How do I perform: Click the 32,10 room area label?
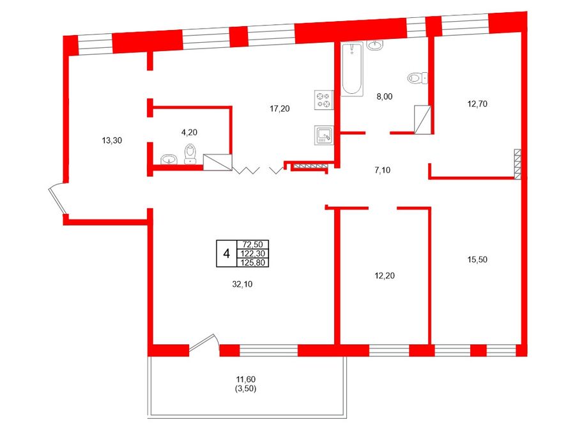(x=242, y=284)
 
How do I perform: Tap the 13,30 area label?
(x=112, y=140)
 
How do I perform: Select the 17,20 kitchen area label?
(x=279, y=109)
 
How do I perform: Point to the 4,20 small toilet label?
(x=189, y=132)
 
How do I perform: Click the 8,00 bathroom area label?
(x=385, y=96)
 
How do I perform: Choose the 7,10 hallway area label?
(x=383, y=170)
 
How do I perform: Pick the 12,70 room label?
(x=477, y=103)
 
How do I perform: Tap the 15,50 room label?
(x=477, y=259)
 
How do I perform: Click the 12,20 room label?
(x=385, y=276)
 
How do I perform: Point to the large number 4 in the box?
(x=227, y=253)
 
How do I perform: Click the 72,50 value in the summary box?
(x=253, y=245)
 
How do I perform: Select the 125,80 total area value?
(x=253, y=262)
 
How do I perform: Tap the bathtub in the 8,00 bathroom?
(x=352, y=69)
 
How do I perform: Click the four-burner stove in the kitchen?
(x=324, y=100)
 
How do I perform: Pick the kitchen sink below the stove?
(x=324, y=135)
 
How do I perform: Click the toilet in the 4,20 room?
(x=190, y=154)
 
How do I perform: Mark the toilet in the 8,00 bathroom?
(x=418, y=78)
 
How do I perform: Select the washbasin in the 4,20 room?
(x=169, y=160)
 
